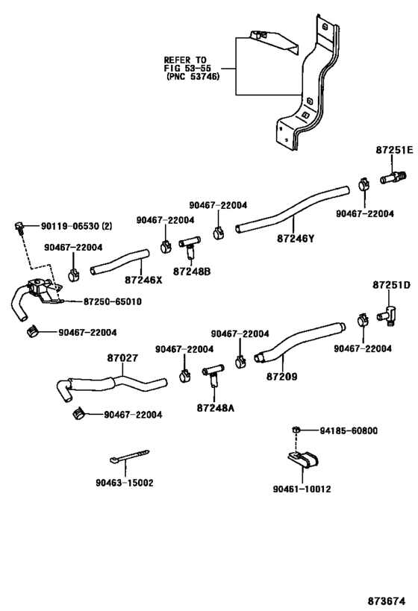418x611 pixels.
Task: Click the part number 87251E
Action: tap(393, 150)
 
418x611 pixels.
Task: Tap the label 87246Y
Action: tap(296, 239)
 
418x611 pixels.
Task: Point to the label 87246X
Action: tap(143, 280)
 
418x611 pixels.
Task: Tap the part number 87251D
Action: tap(392, 286)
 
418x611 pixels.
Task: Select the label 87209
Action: tap(281, 376)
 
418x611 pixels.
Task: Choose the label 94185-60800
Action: tap(349, 430)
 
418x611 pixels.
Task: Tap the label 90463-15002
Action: tap(124, 483)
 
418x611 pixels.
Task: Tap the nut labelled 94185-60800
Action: tap(296, 430)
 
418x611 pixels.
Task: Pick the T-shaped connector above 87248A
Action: tap(214, 372)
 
